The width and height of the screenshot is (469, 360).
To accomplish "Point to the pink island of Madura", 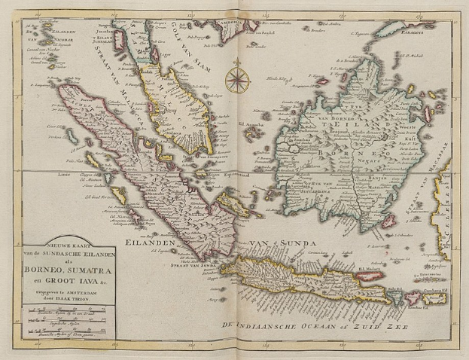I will coord(368,276).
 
